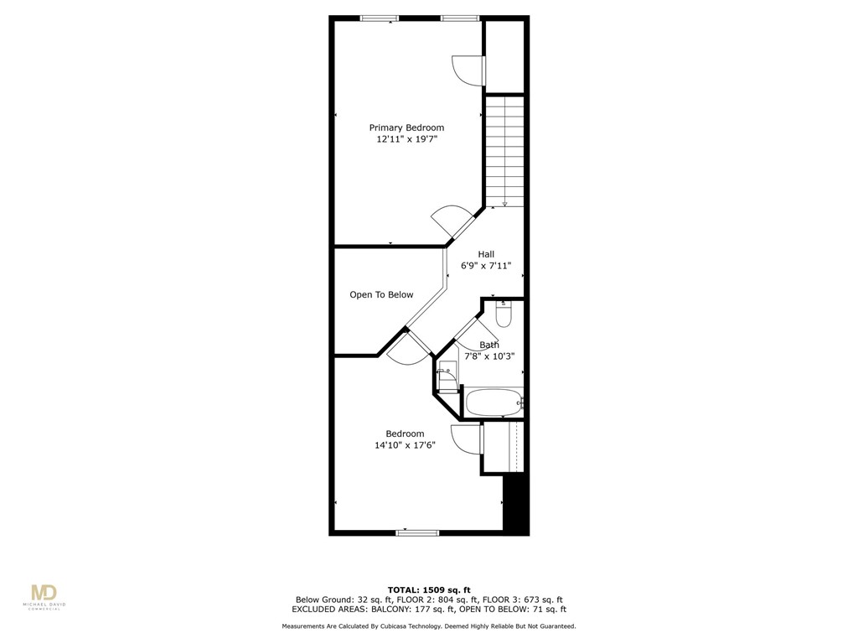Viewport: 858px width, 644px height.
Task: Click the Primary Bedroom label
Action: (406, 127)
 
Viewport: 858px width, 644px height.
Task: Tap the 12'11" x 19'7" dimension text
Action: (406, 139)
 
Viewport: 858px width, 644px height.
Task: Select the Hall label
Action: (486, 254)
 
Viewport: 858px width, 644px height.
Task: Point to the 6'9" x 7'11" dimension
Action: (486, 266)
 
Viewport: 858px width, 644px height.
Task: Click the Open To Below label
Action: (381, 294)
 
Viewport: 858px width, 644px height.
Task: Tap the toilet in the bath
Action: (503, 314)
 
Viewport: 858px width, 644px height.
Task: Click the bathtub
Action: (493, 402)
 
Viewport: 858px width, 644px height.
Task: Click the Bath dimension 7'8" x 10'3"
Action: (489, 356)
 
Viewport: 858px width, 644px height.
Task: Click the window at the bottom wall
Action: (417, 532)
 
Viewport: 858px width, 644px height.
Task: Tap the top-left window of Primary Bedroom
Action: (379, 18)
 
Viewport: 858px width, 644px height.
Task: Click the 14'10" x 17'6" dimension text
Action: (405, 445)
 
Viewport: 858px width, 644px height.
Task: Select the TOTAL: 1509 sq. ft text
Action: (428, 589)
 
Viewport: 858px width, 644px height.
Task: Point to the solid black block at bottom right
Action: (516, 503)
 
